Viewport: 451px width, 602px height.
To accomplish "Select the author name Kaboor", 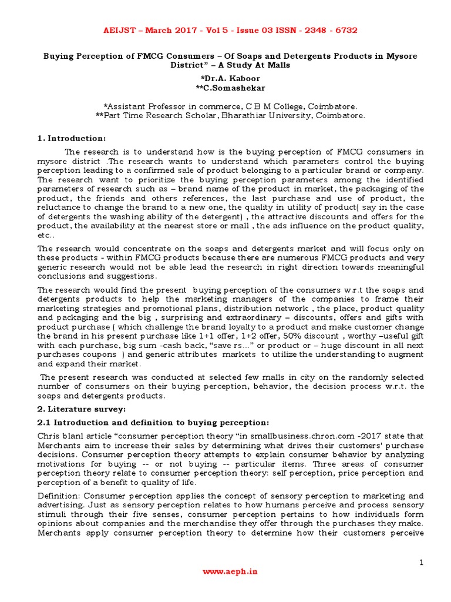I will [x=245, y=78].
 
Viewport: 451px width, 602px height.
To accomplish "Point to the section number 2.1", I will [x=45, y=423].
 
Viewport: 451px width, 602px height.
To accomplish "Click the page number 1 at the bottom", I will [x=421, y=563].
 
